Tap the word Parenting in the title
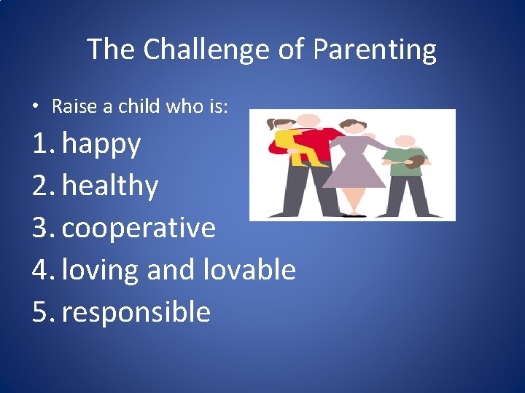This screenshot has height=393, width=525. coord(375,49)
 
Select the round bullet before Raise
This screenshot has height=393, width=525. coord(36,107)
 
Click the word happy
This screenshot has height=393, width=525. coord(101,144)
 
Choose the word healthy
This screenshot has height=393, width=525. coord(110,186)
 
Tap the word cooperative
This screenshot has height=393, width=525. coord(139,228)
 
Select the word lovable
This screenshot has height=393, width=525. coord(249,269)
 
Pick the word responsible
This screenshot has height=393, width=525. coord(136,311)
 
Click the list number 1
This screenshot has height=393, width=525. coord(41,144)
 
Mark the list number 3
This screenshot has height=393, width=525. coord(42,228)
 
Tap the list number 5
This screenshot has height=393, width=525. coord(42,311)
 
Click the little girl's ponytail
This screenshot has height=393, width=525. coord(272,124)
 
